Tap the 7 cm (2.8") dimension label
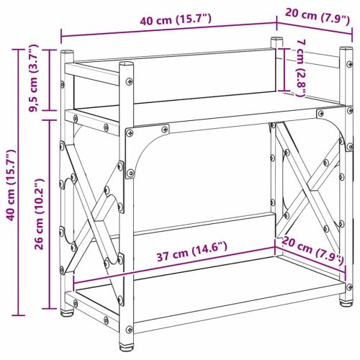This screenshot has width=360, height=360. coord(302,68)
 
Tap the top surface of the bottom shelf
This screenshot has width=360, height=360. coord(209,284)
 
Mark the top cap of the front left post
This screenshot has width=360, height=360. coord(128,64)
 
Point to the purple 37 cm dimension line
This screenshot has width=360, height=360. coord(173,265)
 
